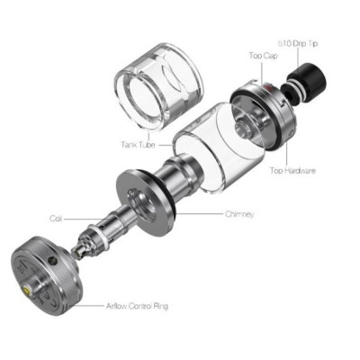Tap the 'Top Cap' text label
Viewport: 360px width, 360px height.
(x=261, y=56)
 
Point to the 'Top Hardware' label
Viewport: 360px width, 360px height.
(x=293, y=170)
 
